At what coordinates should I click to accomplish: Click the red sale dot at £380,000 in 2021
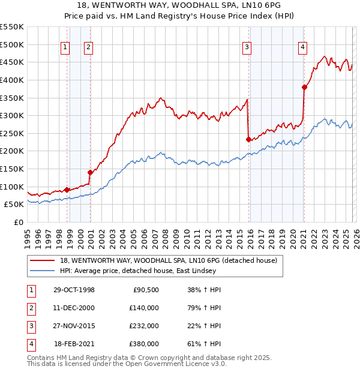tap(304, 87)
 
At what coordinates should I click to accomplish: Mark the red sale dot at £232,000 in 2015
tap(248, 140)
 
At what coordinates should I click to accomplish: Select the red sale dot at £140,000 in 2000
tap(90, 172)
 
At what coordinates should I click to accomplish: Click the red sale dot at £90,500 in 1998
tap(67, 190)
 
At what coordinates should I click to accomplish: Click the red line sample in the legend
tap(43, 261)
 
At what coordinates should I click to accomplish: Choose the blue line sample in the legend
tap(43, 271)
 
